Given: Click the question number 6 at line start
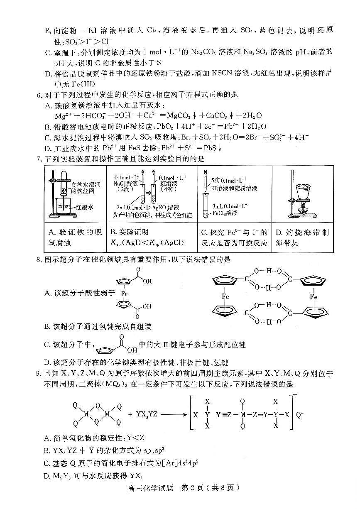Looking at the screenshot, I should tap(39, 95).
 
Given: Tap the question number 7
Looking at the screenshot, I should tap(39, 159).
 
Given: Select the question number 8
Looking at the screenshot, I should tap(39, 260).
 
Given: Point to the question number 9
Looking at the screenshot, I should tap(39, 374).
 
